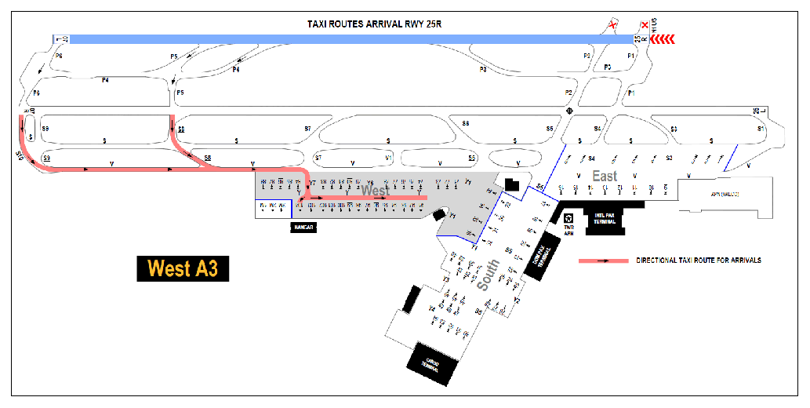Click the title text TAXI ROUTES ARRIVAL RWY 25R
[x=379, y=24]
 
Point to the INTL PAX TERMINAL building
[x=605, y=220]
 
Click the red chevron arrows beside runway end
[x=661, y=38]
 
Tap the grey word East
[x=605, y=177]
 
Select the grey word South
[x=488, y=275]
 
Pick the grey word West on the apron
[x=375, y=191]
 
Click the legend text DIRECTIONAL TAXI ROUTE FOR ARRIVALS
[x=699, y=260]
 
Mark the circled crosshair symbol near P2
[x=569, y=111]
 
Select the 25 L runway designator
[x=759, y=110]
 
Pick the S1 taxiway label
[x=760, y=128]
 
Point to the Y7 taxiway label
[x=312, y=183]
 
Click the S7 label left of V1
[x=318, y=158]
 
